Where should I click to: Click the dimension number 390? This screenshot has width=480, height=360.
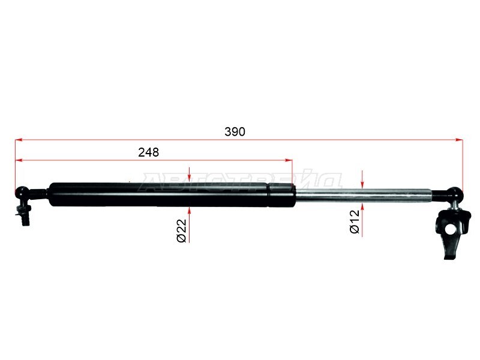tap(235, 131)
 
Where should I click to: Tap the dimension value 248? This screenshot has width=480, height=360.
tap(148, 152)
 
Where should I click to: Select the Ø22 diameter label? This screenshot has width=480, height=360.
tap(182, 230)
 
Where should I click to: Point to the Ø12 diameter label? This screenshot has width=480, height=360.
tap(355, 221)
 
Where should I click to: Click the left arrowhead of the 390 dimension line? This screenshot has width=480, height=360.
tap(19, 140)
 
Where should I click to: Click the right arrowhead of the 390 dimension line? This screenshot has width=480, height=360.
tap(459, 140)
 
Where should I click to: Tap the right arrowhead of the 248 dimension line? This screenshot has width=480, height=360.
tap(289, 160)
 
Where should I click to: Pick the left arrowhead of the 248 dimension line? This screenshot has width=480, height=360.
tap(19, 160)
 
